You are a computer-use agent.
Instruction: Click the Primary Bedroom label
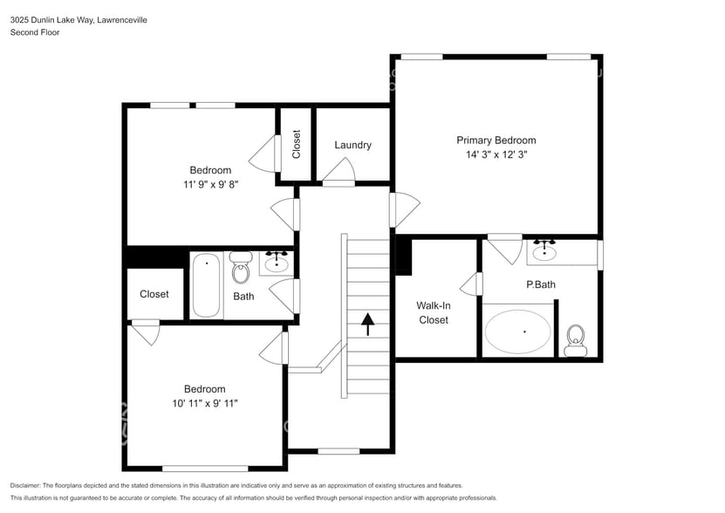[x=496, y=140]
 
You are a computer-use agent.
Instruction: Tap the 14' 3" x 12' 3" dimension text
[x=496, y=154]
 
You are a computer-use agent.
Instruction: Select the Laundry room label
[x=352, y=145]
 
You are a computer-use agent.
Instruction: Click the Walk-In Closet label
[x=433, y=312]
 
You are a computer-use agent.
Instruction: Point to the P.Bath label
[x=540, y=284]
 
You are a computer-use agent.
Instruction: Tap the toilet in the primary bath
[x=575, y=339]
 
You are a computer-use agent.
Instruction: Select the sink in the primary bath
[x=545, y=252]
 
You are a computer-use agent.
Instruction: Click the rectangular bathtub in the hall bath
[x=207, y=284]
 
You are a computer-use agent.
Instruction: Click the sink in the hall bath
[x=277, y=262]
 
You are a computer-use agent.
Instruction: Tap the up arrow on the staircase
[x=367, y=325]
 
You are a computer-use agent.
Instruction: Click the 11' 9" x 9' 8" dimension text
[x=210, y=185]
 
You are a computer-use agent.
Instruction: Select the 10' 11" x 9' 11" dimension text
[x=204, y=403]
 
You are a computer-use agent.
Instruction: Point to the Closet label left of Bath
[x=154, y=294]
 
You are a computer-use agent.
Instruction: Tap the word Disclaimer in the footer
[x=29, y=485]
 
